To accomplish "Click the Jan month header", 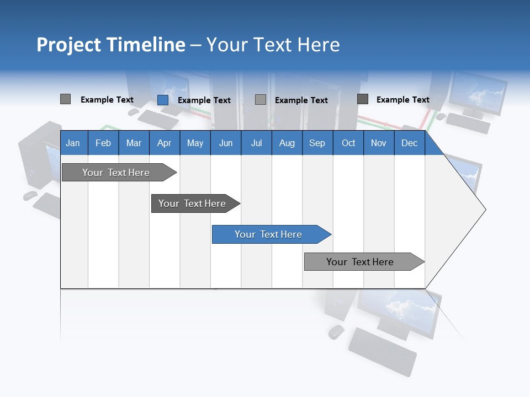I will (x=73, y=143).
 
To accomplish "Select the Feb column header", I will (x=103, y=143).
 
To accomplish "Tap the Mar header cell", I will (x=134, y=143).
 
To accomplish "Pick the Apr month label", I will (x=164, y=143).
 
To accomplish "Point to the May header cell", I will (x=195, y=143).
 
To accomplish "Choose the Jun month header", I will (x=226, y=143).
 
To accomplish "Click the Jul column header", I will (x=256, y=143).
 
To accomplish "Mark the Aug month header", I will (x=287, y=143).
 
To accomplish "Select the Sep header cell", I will (x=317, y=143).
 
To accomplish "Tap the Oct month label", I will (x=348, y=143).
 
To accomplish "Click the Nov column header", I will (x=379, y=143).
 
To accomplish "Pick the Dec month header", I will (x=410, y=143).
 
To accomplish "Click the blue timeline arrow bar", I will (x=271, y=234).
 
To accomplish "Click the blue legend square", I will (x=163, y=100).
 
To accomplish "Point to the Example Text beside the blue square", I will (x=204, y=100).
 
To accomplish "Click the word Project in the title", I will (x=69, y=45).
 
